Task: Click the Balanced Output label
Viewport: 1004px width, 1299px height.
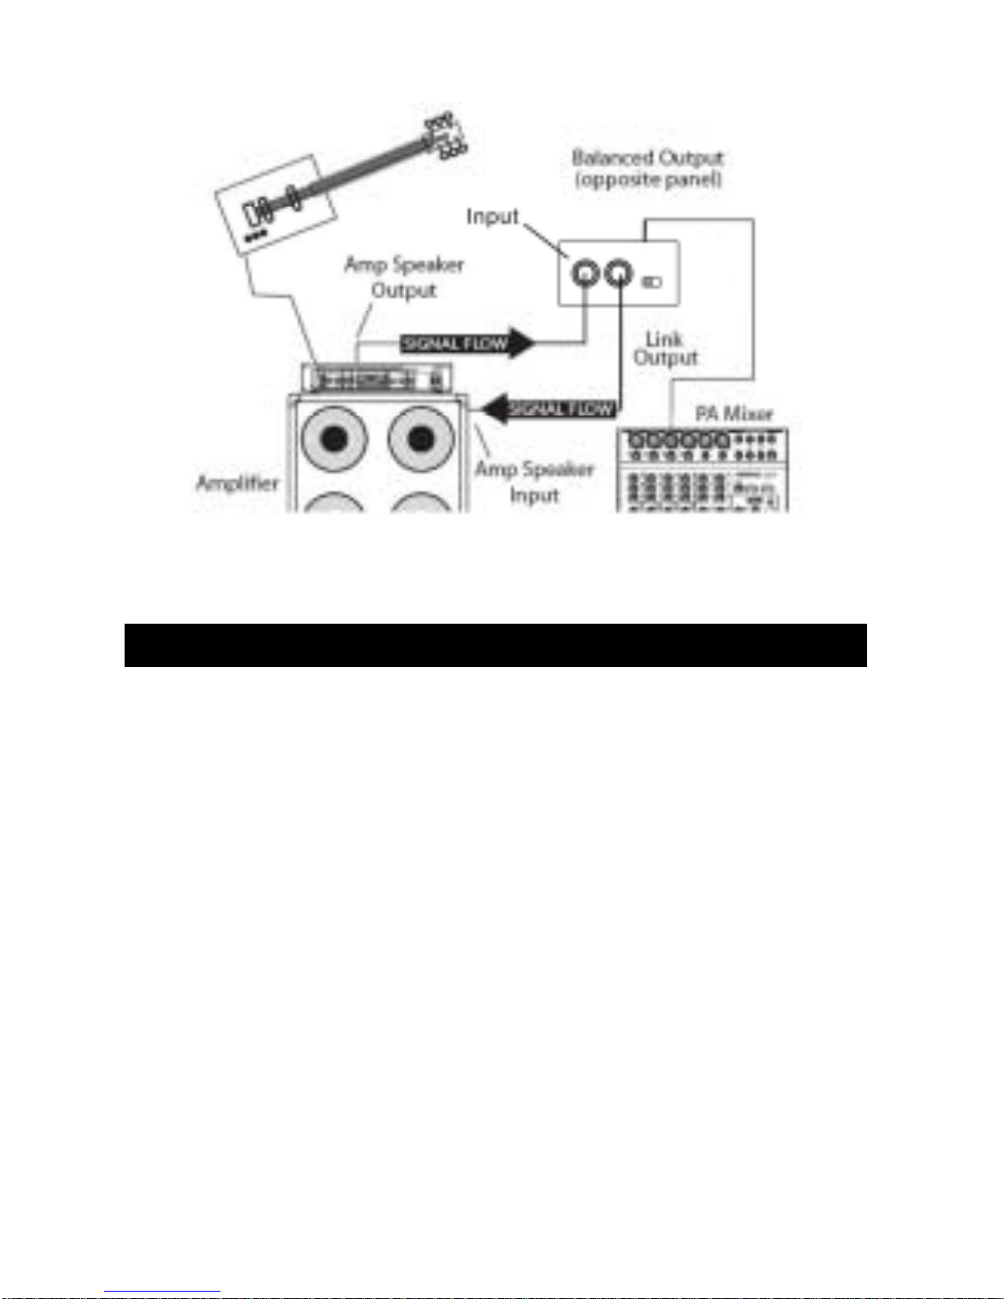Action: tap(647, 168)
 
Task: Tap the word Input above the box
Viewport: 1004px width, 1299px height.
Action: tap(493, 216)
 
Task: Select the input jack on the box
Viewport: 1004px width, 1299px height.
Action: tap(586, 272)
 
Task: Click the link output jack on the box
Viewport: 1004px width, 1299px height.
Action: tap(619, 272)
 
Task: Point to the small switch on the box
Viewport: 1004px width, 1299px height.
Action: tap(652, 283)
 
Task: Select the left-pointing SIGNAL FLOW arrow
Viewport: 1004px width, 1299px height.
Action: tap(550, 408)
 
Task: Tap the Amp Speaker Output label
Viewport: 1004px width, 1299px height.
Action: tap(404, 277)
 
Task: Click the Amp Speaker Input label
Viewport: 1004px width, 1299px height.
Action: tap(534, 482)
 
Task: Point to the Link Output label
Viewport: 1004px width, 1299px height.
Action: tap(666, 348)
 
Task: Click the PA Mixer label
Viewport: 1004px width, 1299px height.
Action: tap(734, 413)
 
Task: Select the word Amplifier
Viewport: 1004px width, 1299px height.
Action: tap(238, 483)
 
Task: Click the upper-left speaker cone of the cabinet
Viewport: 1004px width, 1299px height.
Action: tap(334, 440)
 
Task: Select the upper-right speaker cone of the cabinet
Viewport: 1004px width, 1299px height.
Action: tap(421, 440)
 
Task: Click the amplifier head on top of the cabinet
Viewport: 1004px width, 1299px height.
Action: tap(377, 379)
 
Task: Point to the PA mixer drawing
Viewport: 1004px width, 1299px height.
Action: tap(702, 471)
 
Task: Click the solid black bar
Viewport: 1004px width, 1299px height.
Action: tap(495, 646)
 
